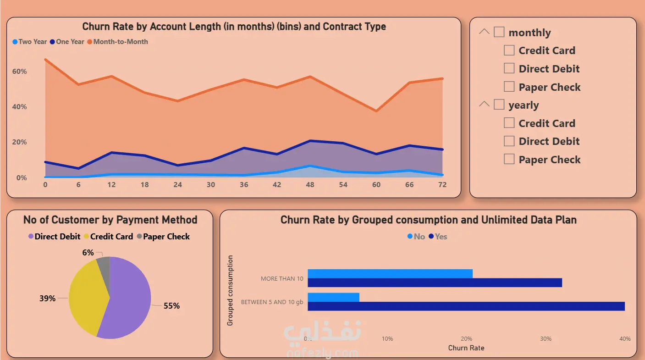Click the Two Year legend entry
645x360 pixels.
click(x=30, y=42)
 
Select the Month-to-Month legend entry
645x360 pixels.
click(x=120, y=42)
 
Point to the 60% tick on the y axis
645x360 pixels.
click(x=20, y=72)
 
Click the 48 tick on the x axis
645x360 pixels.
click(x=310, y=184)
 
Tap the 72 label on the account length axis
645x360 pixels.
click(x=442, y=184)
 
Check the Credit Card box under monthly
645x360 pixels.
click(x=509, y=50)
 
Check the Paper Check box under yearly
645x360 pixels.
click(x=509, y=159)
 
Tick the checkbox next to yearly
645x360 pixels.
click(x=499, y=105)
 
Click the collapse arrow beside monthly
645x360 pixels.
click(x=484, y=32)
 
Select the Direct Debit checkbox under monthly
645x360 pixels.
click(x=509, y=68)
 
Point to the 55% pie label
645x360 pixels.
click(x=171, y=306)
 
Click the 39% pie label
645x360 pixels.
click(x=47, y=299)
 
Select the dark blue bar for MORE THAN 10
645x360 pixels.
click(x=435, y=282)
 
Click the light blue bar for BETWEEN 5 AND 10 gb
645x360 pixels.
click(x=333, y=297)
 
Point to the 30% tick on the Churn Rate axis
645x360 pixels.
click(x=546, y=339)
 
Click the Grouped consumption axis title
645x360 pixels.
click(x=230, y=291)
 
